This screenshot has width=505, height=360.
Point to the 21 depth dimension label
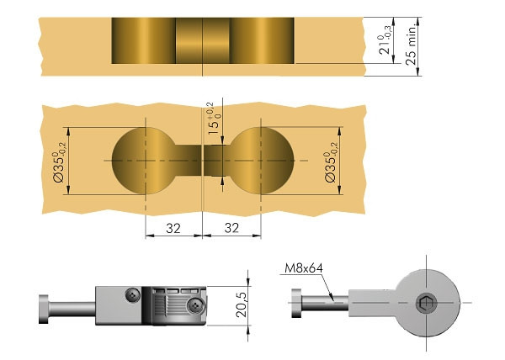pos(385,40)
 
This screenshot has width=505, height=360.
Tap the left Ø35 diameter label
pos(61,163)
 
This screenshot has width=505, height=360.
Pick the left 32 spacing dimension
pos(173,228)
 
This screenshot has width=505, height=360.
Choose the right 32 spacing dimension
pos(231,228)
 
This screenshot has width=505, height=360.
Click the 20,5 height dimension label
pos(242,304)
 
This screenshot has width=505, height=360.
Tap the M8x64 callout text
pos(304,268)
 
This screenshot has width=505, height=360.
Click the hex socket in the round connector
pos(426,303)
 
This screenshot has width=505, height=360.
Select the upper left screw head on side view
pos(133,294)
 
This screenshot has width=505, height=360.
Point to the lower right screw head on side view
pos(196,306)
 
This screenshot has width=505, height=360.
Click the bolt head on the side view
pos(44,309)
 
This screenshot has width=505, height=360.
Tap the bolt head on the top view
pos(296,303)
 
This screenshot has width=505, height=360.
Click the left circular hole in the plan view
pos(144,161)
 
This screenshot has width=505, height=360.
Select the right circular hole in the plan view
pos(262,161)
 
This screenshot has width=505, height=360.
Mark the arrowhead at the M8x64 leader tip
pos(332,299)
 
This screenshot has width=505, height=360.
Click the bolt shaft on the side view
pos(72,309)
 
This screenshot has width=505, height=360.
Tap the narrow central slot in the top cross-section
pos(203,40)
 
